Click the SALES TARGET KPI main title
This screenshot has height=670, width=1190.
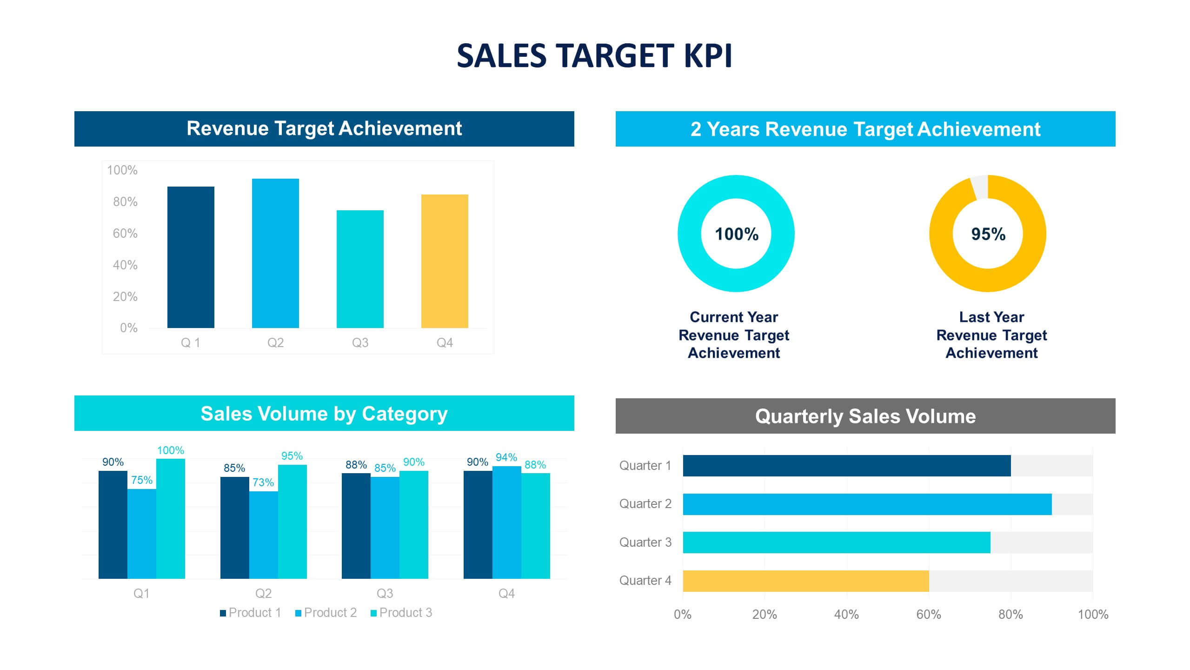594,56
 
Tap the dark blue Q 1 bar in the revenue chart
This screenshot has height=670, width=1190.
191,257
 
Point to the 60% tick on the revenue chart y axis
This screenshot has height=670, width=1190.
125,233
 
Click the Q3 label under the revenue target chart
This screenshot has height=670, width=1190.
360,343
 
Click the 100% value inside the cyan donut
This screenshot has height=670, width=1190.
736,234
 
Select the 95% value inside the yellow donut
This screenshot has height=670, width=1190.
988,234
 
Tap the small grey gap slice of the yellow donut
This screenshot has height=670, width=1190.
980,187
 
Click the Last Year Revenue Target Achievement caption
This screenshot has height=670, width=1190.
991,335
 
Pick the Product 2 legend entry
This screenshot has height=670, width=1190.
326,613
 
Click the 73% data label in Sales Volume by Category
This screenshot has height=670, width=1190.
263,482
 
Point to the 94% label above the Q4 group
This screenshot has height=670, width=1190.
506,457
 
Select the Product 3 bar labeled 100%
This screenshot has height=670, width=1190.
170,519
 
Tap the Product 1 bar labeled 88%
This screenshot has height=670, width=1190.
356,526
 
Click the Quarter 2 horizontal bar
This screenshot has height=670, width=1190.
867,504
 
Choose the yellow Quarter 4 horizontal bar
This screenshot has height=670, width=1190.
805,581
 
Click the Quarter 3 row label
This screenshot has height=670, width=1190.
645,543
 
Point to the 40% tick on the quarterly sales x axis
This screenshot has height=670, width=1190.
846,615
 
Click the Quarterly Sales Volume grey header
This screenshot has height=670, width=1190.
865,416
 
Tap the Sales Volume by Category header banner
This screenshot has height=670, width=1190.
324,413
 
